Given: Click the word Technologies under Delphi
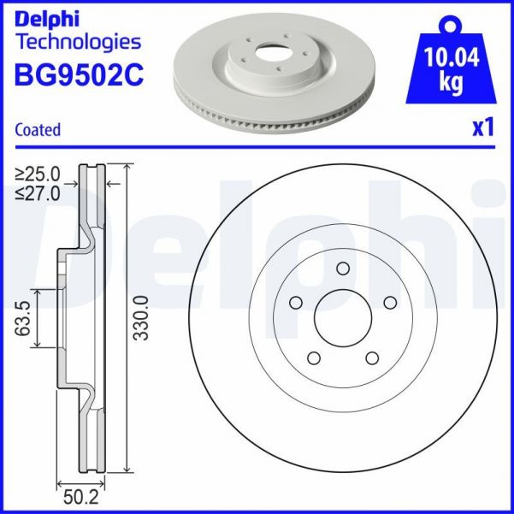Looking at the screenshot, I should pyautogui.click(x=78, y=40).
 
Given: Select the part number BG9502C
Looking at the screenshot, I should pyautogui.click(x=79, y=74).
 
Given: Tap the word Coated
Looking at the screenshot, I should pyautogui.click(x=38, y=130).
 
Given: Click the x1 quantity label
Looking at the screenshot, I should pyautogui.click(x=483, y=127).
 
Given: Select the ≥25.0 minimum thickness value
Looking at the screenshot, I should pyautogui.click(x=38, y=175).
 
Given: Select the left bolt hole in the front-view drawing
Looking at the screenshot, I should pyautogui.click(x=295, y=302).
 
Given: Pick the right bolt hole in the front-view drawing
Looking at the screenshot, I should pyautogui.click(x=390, y=302).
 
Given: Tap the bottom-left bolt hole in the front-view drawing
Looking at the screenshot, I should pyautogui.click(x=313, y=358).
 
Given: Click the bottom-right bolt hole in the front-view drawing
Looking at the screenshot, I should pyautogui.click(x=372, y=358).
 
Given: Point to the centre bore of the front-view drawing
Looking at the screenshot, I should pyautogui.click(x=342, y=318).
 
